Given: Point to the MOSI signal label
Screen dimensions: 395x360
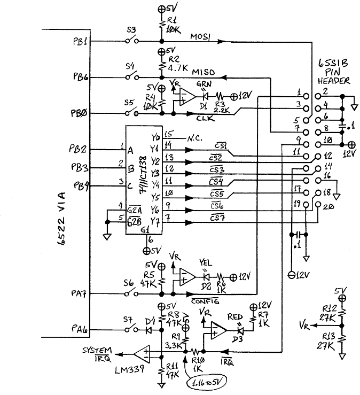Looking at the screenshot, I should tap(201, 36).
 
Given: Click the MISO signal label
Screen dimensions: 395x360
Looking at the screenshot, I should tap(204, 72).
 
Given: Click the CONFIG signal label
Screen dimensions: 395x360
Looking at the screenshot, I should tap(205, 302).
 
